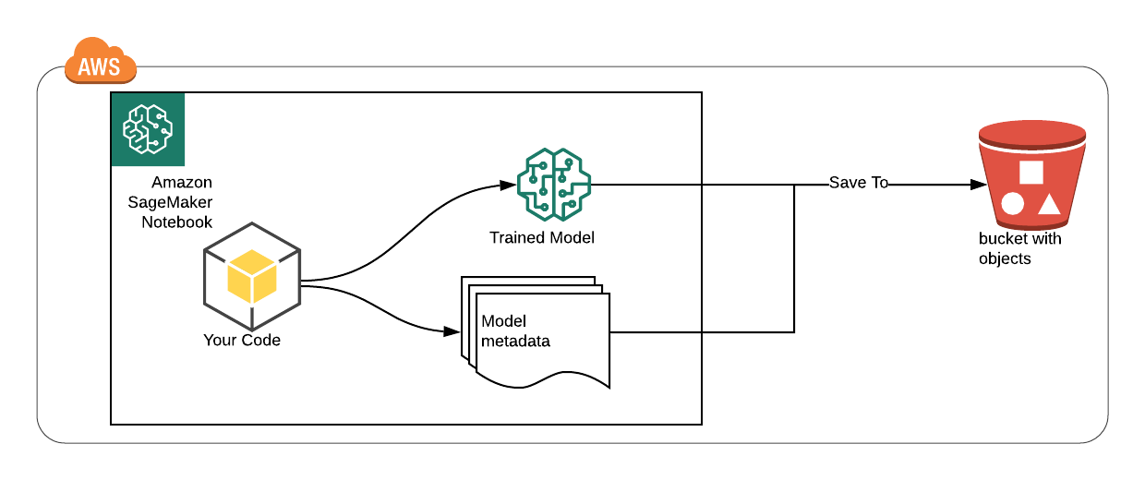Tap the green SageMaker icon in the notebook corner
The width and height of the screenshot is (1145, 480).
(x=148, y=129)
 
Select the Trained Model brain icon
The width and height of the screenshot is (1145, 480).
(x=553, y=185)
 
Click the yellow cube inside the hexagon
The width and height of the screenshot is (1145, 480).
(x=252, y=276)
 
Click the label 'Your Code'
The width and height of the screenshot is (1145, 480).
(x=242, y=341)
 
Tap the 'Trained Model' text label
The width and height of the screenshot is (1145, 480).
(x=542, y=238)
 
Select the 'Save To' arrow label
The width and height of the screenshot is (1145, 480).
(x=859, y=183)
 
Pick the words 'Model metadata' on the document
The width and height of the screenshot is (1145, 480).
(x=515, y=330)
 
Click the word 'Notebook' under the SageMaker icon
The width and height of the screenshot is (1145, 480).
(x=176, y=222)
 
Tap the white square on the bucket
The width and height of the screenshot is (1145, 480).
(x=1030, y=172)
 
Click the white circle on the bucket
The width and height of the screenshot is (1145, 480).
(x=1013, y=203)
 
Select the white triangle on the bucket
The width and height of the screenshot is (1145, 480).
(x=1049, y=203)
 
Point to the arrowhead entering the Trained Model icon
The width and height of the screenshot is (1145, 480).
(x=509, y=186)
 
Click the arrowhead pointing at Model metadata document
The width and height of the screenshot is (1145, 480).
(x=452, y=330)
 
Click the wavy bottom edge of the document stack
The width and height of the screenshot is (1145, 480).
(x=545, y=378)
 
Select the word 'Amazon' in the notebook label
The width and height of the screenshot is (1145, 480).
(x=182, y=182)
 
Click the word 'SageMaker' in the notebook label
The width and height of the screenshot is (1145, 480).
(x=170, y=202)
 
